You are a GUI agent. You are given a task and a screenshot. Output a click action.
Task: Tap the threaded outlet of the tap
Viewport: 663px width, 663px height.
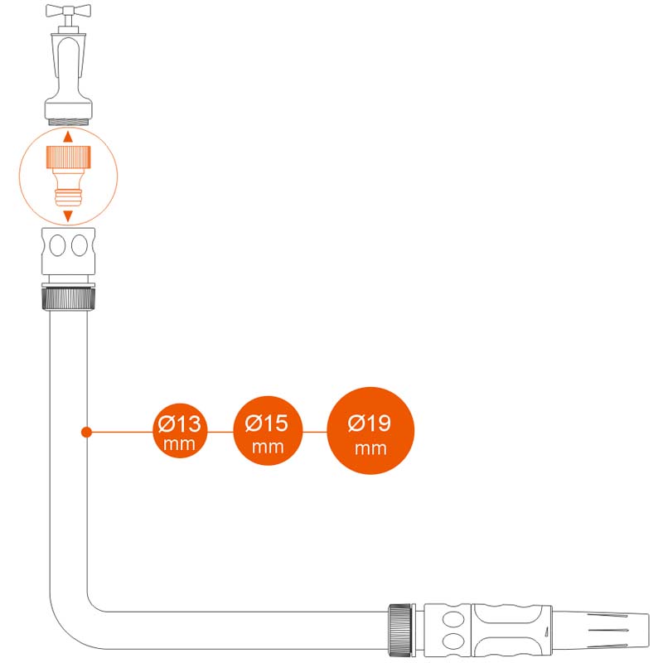point(68,121)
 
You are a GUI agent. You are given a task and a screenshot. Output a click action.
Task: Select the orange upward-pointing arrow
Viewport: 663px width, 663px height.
point(68,135)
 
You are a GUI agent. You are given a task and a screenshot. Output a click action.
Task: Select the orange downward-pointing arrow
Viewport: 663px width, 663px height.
point(68,215)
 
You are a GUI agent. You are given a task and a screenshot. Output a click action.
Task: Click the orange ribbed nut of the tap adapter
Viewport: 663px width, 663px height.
point(68,155)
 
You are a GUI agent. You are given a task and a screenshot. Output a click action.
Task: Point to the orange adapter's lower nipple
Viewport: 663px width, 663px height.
point(68,196)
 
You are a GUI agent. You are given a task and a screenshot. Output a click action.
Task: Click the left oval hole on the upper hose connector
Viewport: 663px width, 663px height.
point(56,247)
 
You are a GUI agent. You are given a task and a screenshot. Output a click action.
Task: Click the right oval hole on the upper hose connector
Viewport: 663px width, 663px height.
point(80,247)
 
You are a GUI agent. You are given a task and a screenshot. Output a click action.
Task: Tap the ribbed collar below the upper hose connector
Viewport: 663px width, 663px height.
point(68,298)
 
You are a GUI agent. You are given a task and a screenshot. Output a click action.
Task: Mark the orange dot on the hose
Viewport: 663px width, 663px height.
point(85,432)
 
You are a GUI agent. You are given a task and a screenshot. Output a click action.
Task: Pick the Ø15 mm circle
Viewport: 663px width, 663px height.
point(267,431)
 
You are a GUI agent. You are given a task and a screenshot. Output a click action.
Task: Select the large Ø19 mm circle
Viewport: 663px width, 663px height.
point(370,431)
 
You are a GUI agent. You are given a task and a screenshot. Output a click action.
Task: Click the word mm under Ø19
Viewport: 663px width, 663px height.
point(370,448)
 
